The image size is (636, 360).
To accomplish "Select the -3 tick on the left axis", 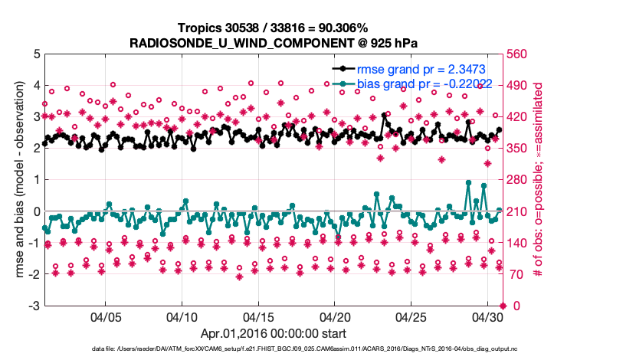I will coord(25,306).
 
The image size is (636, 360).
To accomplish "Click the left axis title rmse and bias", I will coord(11,181).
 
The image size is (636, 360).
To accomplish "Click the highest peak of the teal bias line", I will coord(468,182).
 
